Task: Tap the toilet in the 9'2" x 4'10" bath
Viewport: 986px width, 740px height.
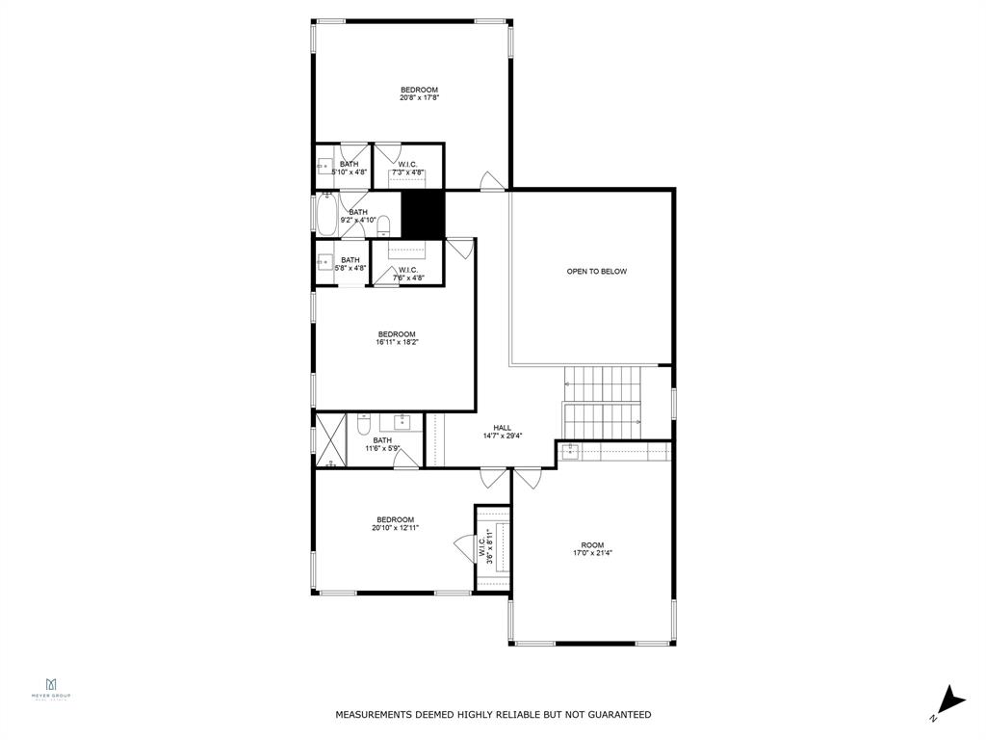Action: point(383,226)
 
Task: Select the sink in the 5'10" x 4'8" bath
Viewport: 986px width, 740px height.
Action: point(324,166)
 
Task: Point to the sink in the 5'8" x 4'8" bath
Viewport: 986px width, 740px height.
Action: point(325,261)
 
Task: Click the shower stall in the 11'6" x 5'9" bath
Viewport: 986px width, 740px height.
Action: point(330,440)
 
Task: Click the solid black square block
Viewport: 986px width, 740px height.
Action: point(421,214)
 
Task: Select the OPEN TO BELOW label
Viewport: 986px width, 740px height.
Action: point(596,272)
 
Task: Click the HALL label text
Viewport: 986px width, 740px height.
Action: point(502,428)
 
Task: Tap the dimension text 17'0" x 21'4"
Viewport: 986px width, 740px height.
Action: point(592,553)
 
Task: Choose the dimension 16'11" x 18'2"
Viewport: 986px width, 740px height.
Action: point(396,342)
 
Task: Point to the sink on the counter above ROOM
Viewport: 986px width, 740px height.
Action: point(570,450)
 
